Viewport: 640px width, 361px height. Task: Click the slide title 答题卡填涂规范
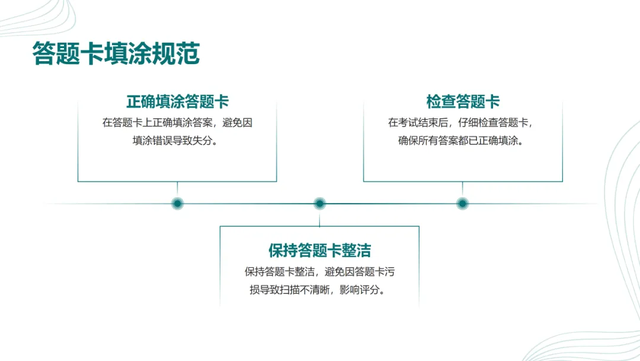tap(116, 53)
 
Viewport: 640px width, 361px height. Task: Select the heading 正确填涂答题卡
tap(177, 102)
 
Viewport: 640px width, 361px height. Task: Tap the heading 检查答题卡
tap(463, 102)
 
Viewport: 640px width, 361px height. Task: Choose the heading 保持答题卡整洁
tap(319, 250)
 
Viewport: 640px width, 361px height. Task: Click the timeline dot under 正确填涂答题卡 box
tap(177, 204)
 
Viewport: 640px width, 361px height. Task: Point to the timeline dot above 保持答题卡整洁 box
tap(320, 204)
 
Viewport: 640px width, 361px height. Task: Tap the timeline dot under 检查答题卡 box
tap(463, 204)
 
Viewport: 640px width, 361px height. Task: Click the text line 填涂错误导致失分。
tap(177, 142)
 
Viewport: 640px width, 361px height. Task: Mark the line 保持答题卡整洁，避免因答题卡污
tap(319, 272)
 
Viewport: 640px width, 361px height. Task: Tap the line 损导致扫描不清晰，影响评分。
tap(319, 291)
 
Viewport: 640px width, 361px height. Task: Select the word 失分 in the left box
tap(201, 142)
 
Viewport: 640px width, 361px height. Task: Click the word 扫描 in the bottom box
tap(289, 291)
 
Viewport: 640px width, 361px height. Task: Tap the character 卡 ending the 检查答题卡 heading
tap(493, 102)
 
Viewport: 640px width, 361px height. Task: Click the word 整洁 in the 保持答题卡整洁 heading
tap(358, 250)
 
